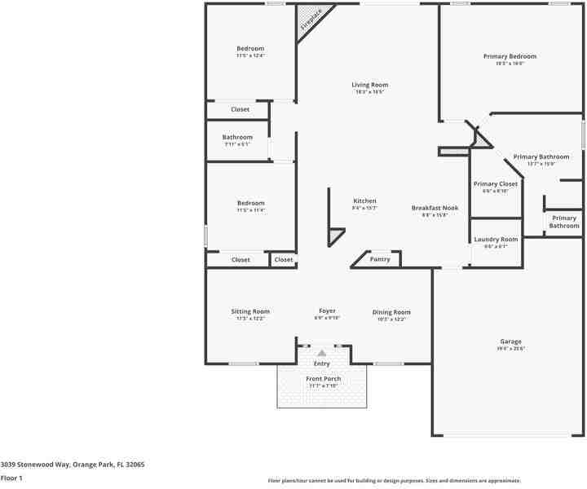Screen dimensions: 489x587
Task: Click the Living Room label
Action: [x=369, y=85]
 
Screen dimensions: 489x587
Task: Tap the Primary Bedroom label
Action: [x=510, y=56]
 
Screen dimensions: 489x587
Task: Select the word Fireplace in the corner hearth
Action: [x=311, y=20]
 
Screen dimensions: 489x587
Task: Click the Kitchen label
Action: [x=364, y=201]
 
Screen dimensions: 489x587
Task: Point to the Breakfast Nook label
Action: [x=435, y=208]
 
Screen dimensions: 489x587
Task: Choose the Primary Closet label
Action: [x=496, y=184]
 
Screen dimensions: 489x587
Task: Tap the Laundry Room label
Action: [x=496, y=240]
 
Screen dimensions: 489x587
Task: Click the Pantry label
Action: [x=380, y=259]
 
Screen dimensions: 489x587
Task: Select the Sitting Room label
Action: [x=250, y=311]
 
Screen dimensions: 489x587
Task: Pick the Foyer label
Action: [x=327, y=311]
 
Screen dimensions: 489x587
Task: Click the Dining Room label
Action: [x=391, y=312]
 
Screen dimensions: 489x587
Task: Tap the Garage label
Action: [x=510, y=341]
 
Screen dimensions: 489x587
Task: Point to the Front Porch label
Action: [x=324, y=379]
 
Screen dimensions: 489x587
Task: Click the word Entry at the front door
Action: [x=322, y=363]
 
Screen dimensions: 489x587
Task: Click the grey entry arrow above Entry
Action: [x=322, y=353]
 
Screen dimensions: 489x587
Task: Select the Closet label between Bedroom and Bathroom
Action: [x=240, y=109]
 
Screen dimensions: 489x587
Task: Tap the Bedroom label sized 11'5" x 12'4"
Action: [x=250, y=49]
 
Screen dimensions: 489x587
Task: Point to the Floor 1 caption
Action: [x=11, y=478]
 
